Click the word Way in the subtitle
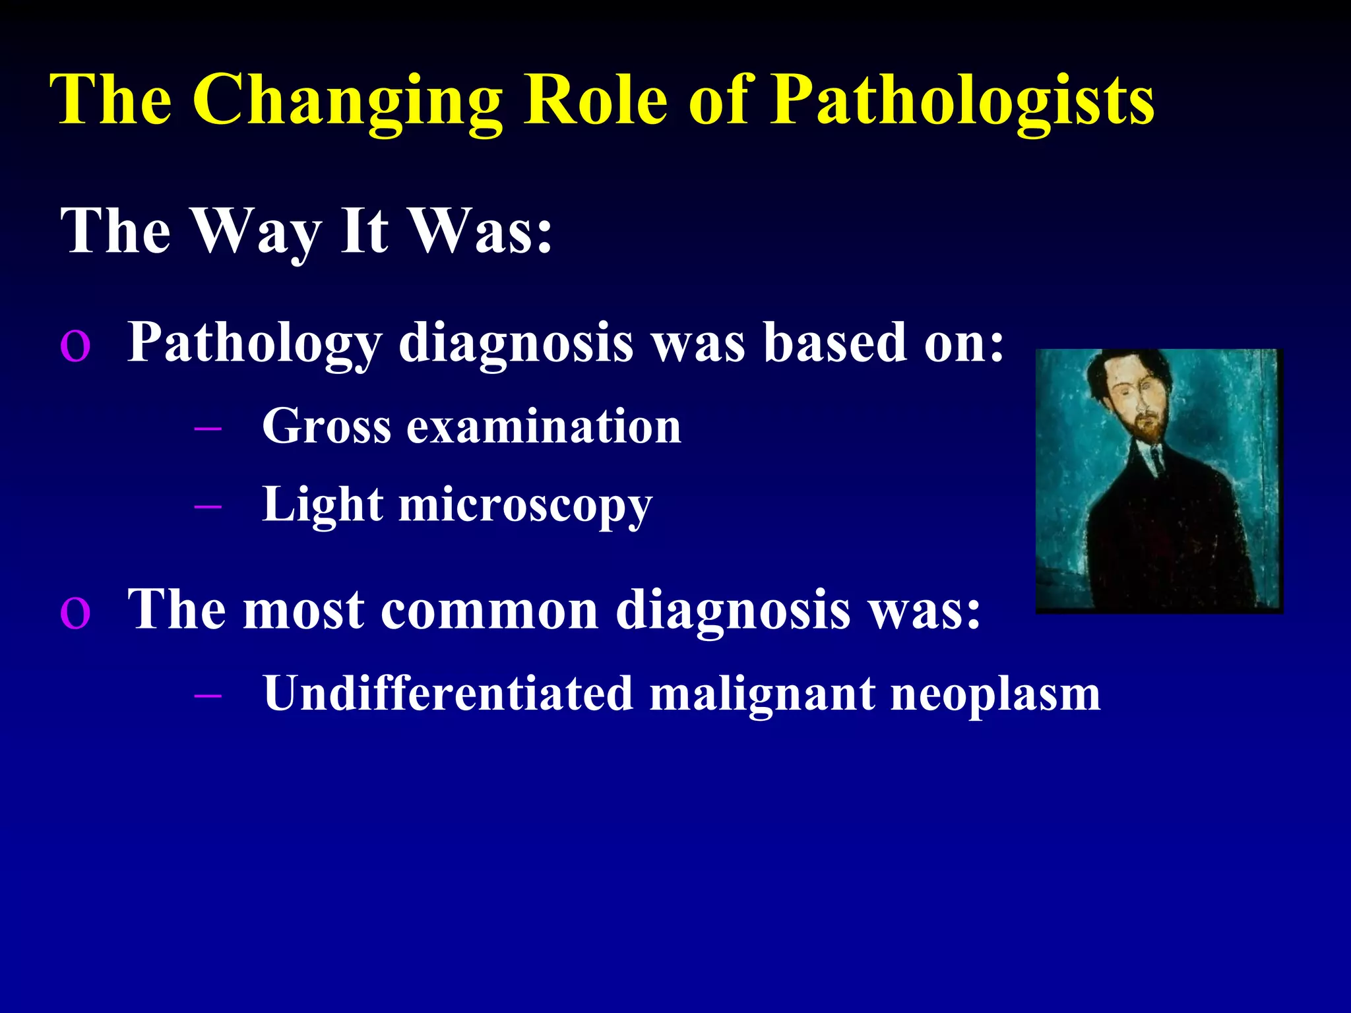pyautogui.click(x=257, y=231)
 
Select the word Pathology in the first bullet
pyautogui.click(x=255, y=343)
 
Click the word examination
pyautogui.click(x=544, y=427)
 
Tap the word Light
pyautogui.click(x=323, y=505)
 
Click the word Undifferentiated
pyautogui.click(x=448, y=694)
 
